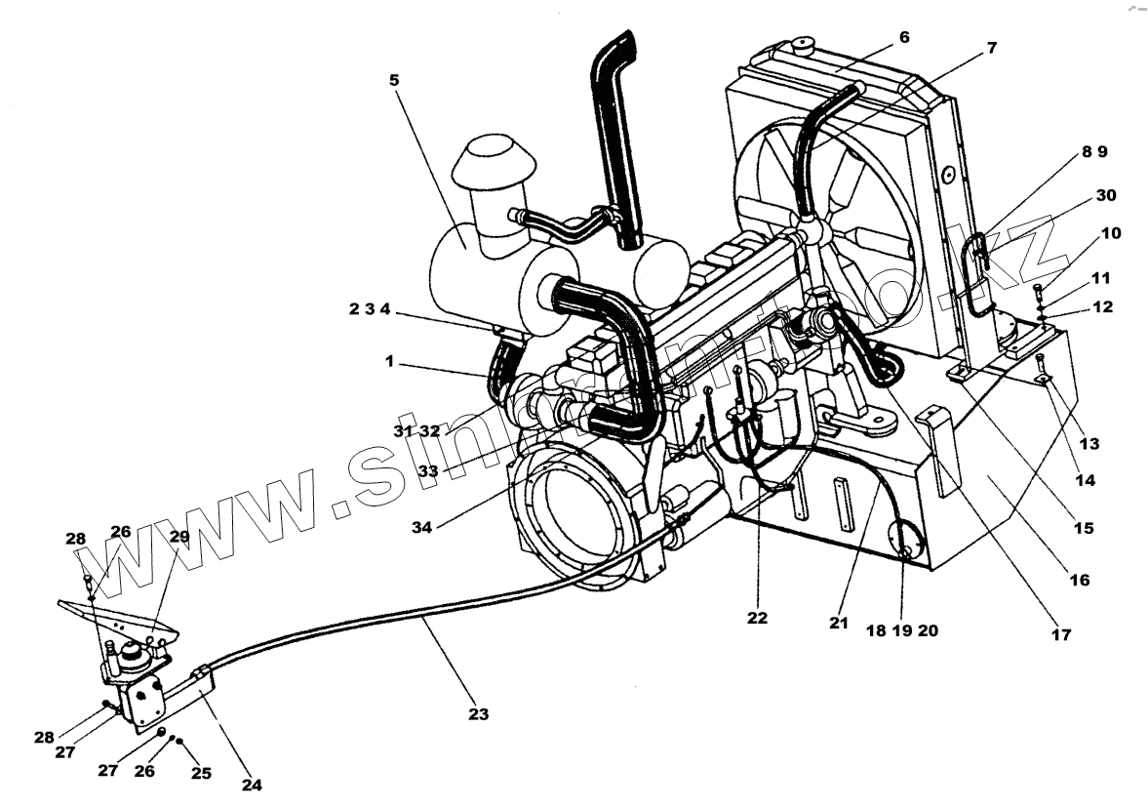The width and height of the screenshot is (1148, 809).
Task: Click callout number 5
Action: point(394,79)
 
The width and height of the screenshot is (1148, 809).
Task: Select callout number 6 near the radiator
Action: point(904,37)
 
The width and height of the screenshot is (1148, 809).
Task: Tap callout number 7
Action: point(992,47)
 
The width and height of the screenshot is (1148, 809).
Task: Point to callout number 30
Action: point(1105,195)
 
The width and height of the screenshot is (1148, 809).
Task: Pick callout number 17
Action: point(1061,634)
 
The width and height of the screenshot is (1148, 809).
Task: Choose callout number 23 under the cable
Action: point(477,713)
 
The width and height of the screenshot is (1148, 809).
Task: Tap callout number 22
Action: point(757,617)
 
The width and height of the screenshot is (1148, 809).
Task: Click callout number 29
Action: point(179,536)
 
